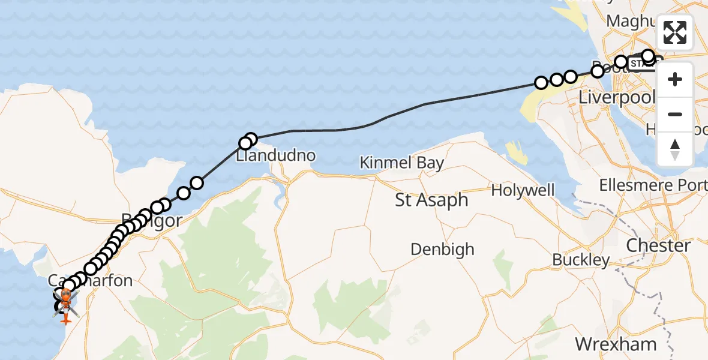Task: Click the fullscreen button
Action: click(675, 32)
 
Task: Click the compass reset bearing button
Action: click(675, 149)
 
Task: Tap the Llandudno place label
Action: click(275, 155)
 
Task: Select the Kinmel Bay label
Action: click(402, 163)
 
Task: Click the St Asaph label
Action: click(431, 200)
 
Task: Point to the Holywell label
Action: click(523, 190)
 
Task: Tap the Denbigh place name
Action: click(442, 249)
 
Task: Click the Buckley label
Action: click(581, 260)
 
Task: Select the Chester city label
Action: click(658, 245)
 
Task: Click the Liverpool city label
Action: click(617, 97)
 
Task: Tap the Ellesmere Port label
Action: click(653, 185)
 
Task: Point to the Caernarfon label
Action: click(90, 280)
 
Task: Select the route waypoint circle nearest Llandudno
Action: click(245, 143)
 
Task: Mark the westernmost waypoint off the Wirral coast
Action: click(541, 82)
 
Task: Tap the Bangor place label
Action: click(153, 220)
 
